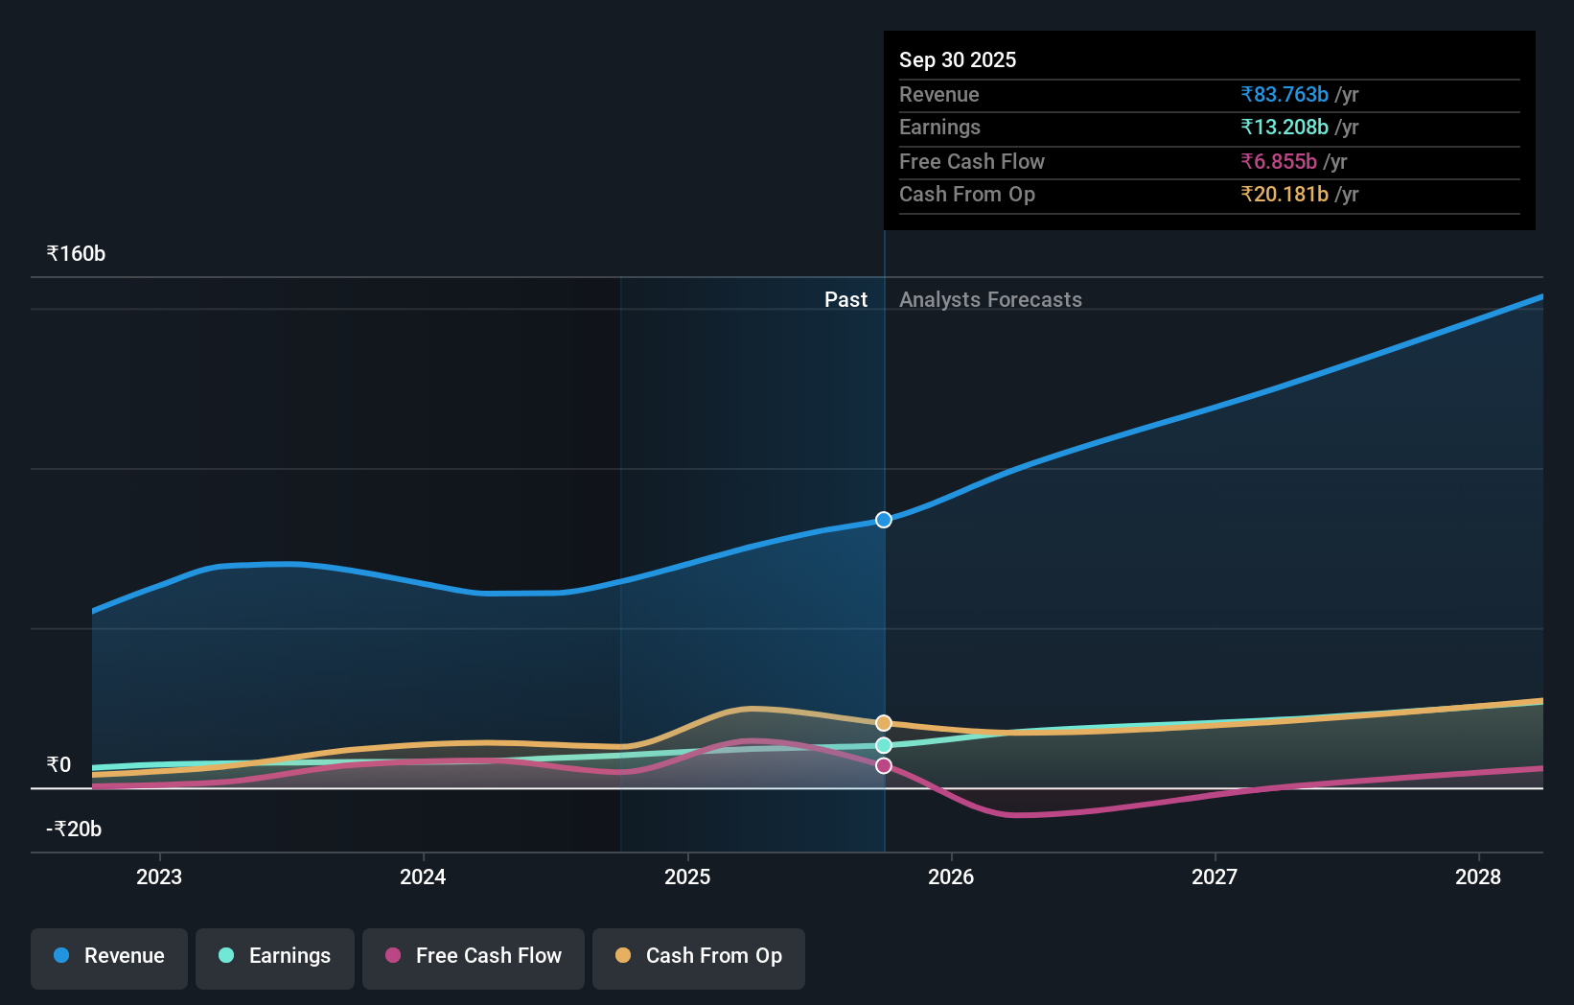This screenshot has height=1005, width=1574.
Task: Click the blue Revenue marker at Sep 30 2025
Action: [884, 520]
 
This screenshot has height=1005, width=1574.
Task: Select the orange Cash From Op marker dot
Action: [884, 723]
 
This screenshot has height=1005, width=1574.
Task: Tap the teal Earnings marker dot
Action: [884, 745]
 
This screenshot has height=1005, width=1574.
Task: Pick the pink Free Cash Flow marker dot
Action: [884, 765]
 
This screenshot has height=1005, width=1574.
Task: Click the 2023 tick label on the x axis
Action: [159, 876]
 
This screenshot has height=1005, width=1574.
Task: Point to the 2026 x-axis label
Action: [951, 876]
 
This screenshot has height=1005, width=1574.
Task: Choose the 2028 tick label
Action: [1478, 876]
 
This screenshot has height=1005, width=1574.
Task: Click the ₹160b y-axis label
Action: [77, 254]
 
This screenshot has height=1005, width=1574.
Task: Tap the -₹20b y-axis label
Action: [74, 829]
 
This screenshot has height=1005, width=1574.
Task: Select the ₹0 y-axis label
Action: [59, 764]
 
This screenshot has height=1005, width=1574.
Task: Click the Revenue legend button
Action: [109, 956]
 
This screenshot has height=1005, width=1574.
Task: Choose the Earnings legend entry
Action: [275, 956]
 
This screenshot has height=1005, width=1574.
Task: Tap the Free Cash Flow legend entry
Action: [474, 956]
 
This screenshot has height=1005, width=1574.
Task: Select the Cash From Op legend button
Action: [699, 956]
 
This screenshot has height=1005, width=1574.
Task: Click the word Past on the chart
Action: [845, 300]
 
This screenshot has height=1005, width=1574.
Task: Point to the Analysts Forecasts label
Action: [990, 300]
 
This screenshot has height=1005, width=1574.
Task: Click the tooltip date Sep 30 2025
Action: [958, 59]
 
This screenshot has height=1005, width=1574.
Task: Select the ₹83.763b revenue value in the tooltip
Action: [1285, 94]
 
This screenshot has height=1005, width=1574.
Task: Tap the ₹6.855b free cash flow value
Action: [1279, 161]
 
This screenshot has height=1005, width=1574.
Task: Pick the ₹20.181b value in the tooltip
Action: [1285, 194]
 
